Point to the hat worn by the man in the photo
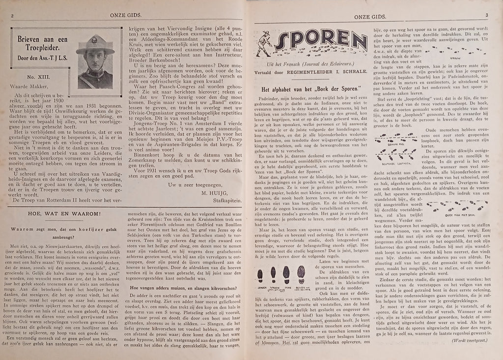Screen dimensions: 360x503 pyautogui.click(x=95, y=43)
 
